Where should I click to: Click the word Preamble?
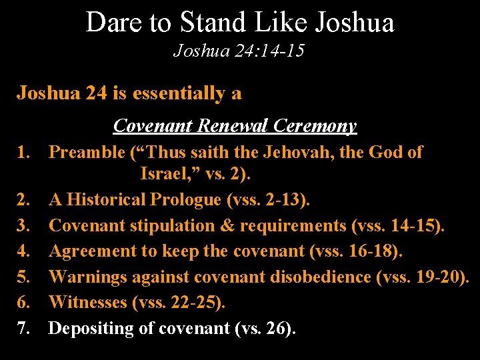(x=87, y=153)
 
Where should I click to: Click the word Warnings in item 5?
(x=87, y=277)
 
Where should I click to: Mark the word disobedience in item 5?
(x=319, y=277)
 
